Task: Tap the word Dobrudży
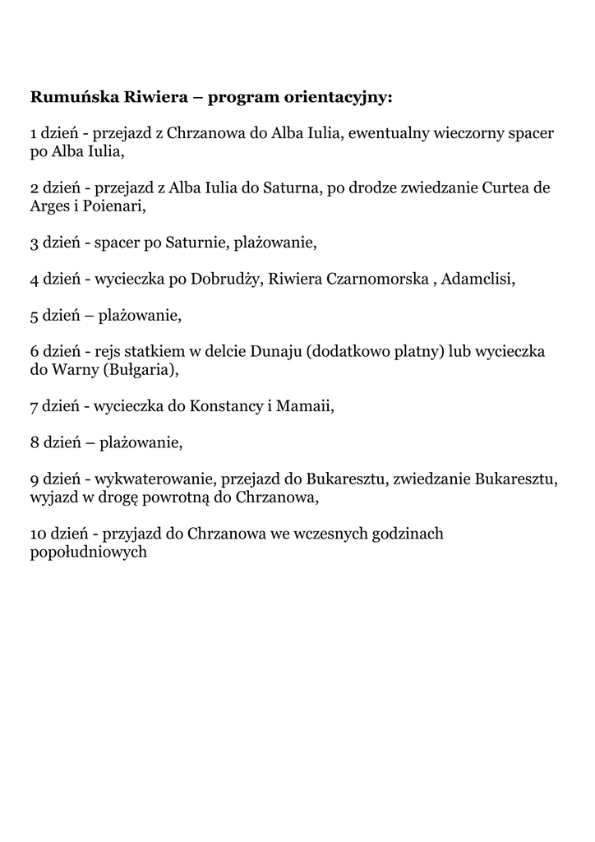click(226, 279)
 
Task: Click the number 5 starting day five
click(35, 315)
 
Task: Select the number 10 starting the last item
click(38, 534)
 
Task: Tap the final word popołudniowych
click(88, 552)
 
